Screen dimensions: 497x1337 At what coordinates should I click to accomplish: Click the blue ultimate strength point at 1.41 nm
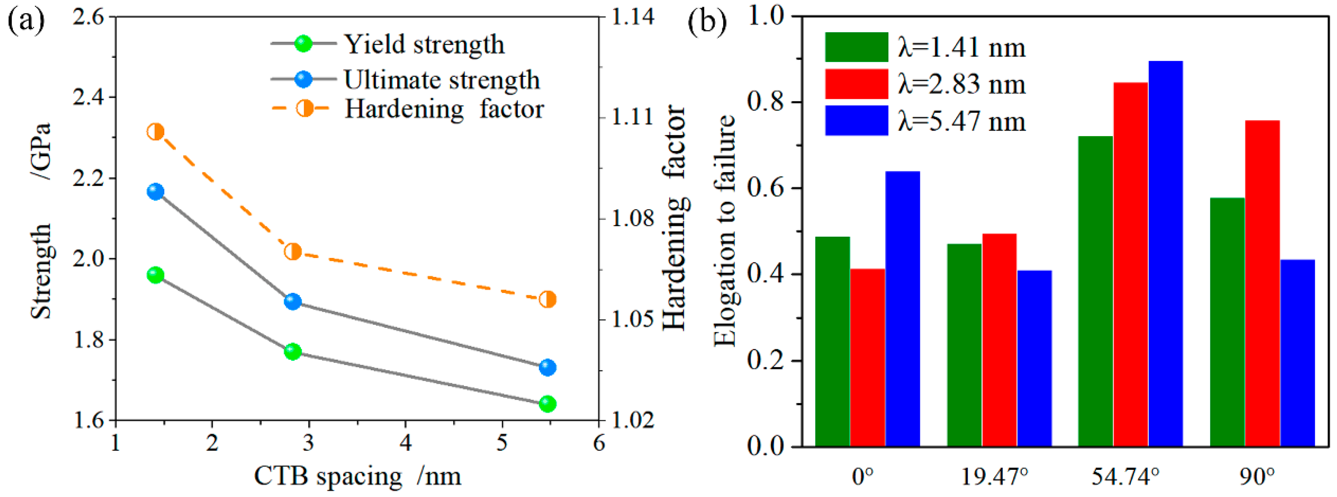(x=155, y=191)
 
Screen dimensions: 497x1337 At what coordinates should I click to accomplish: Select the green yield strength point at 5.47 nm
(x=547, y=403)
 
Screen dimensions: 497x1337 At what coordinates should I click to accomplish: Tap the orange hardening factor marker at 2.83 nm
(x=293, y=252)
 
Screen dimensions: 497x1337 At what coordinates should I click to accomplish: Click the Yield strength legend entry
(x=424, y=45)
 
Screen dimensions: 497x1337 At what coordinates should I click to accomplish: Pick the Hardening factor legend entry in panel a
(x=444, y=109)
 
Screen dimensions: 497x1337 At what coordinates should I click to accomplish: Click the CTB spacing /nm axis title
(x=357, y=476)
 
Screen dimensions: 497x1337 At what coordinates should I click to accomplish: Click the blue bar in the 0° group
(x=903, y=309)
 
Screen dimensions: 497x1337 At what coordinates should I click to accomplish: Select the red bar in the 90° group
(x=1262, y=283)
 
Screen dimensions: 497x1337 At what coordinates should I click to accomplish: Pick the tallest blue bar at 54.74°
(x=1166, y=254)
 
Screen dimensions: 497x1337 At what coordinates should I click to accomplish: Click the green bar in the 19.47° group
(x=964, y=345)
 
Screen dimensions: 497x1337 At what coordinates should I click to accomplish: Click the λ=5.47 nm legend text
(x=962, y=121)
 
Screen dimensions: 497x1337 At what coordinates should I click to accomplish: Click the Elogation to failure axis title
(x=725, y=231)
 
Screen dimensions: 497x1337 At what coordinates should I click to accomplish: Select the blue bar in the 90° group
(x=1297, y=353)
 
